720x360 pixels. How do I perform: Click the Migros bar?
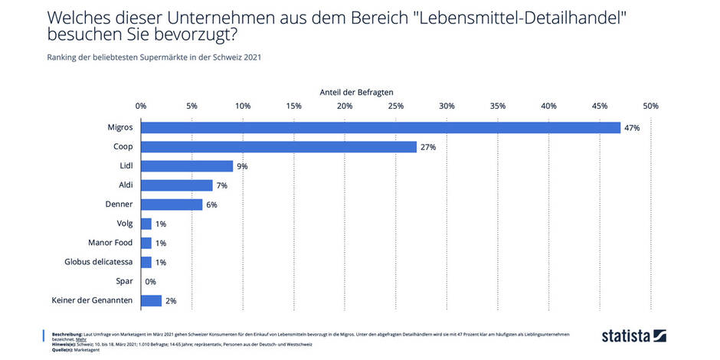(381, 128)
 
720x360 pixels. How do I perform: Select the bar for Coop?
(279, 147)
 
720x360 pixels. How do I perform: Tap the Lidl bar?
(187, 166)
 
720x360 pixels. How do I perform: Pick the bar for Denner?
(172, 205)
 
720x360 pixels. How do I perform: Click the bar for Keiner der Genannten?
(151, 300)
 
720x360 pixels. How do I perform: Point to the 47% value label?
(632, 128)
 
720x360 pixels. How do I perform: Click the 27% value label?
(427, 147)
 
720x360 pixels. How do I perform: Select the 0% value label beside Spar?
(151, 281)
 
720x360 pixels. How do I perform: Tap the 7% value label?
(223, 185)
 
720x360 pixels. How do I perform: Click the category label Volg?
(123, 224)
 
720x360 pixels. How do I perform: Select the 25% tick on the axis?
(395, 106)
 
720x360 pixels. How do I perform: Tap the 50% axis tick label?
(650, 106)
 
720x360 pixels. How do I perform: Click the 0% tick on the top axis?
(141, 106)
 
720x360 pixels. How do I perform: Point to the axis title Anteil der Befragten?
(356, 91)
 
